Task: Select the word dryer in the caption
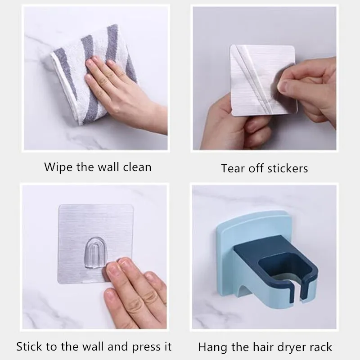(291, 347)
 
